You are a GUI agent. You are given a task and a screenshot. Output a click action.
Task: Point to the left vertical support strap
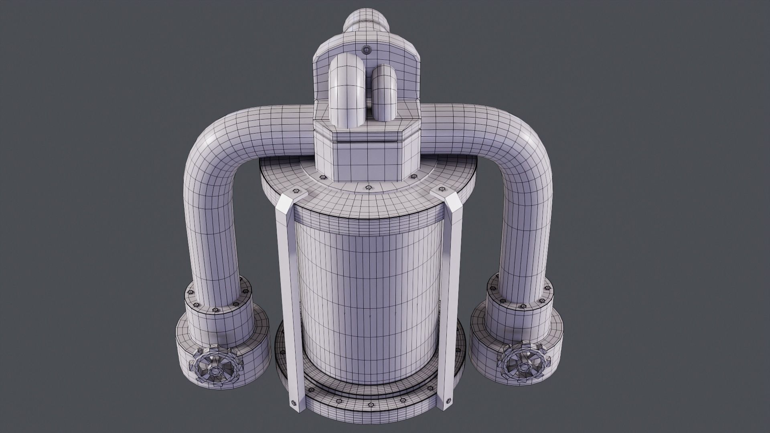(x=288, y=281)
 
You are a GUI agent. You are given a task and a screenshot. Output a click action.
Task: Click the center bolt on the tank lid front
(x=368, y=187)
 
